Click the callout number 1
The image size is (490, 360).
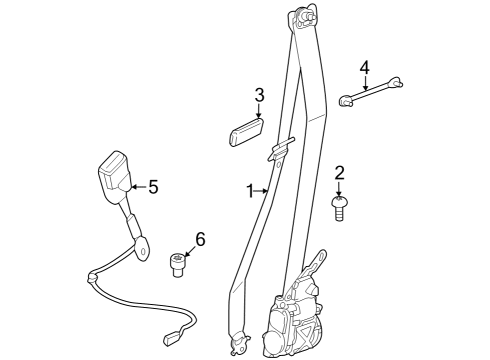point(251,189)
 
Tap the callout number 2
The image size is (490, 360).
point(339,172)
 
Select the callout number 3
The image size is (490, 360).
point(259,96)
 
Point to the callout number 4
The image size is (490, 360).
point(365,67)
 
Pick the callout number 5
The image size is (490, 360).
point(152,186)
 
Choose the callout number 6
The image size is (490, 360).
point(199,239)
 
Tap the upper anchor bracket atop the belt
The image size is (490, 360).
point(305,19)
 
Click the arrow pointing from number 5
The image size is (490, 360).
point(137,186)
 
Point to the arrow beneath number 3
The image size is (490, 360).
point(258,112)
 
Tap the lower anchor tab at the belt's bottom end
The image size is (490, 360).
point(237,347)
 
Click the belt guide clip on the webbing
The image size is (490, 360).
point(281,150)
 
